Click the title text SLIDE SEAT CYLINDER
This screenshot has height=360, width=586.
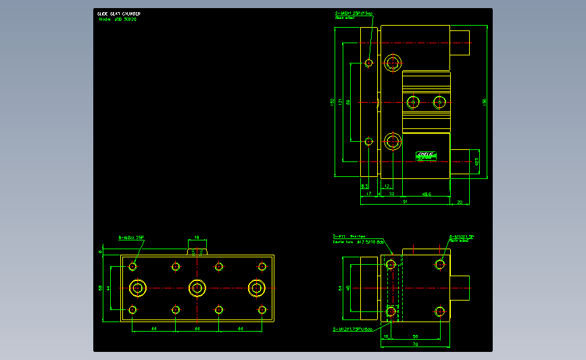tap(119, 14)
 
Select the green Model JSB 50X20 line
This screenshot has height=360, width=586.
tap(118, 20)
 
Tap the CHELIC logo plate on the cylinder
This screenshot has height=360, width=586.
tap(426, 155)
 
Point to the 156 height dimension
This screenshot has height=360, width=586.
tap(484, 101)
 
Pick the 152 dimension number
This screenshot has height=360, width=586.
tap(332, 102)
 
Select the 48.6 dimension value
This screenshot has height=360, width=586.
tap(426, 194)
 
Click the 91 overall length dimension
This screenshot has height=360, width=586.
tap(404, 201)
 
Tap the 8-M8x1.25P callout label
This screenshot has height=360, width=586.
tap(132, 238)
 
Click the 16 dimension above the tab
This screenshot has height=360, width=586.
tap(197, 238)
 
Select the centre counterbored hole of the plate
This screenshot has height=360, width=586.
tap(197, 288)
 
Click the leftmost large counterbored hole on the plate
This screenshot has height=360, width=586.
tap(138, 288)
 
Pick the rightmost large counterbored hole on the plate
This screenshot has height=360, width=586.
tap(256, 288)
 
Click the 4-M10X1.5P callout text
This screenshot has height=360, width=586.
tap(462, 236)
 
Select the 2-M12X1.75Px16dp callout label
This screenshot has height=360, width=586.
tap(352, 330)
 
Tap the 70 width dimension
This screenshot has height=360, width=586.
tap(416, 344)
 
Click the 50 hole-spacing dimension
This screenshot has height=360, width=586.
tap(415, 336)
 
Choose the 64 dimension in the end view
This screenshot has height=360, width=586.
tap(340, 288)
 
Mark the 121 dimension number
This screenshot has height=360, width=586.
tap(340, 102)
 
